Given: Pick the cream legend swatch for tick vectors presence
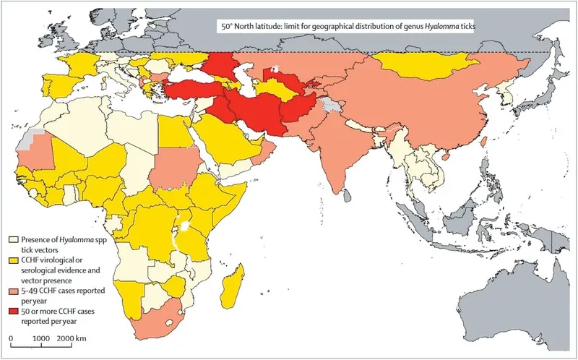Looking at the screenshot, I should click(12, 239).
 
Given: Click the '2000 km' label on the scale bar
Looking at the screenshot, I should click(72, 338).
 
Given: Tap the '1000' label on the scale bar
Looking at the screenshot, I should click(40, 338).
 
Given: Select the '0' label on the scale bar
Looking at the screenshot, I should click(12, 338).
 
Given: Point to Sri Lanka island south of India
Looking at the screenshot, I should click(346, 194).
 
